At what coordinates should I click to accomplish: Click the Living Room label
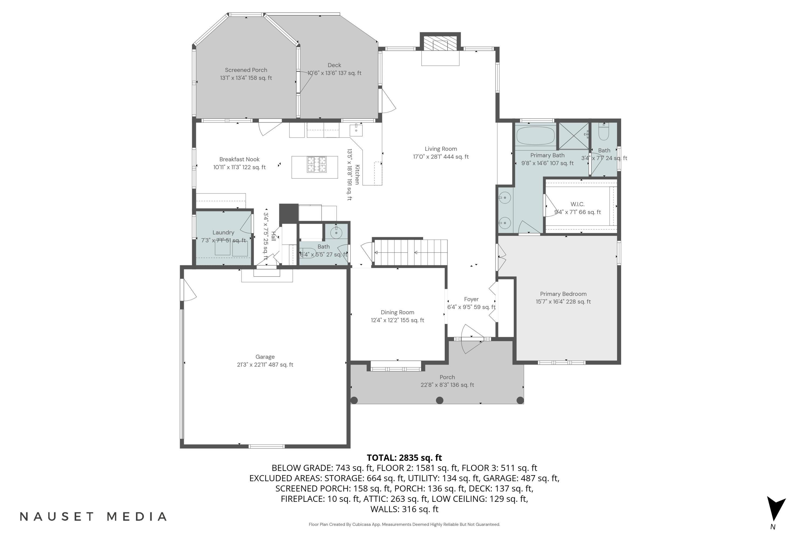(441, 149)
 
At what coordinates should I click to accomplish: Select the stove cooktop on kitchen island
(317, 165)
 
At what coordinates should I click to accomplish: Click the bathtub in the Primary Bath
(536, 136)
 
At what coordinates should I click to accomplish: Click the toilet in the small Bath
(604, 132)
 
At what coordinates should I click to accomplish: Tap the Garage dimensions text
(265, 365)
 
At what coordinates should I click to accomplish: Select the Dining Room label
(397, 312)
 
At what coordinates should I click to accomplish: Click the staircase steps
(411, 253)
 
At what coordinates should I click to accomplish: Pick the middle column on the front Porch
(440, 400)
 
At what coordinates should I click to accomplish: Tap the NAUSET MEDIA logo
(93, 516)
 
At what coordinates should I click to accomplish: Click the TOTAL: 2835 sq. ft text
(404, 458)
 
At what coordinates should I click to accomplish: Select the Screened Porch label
(246, 70)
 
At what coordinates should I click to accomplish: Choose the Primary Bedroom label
(563, 294)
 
